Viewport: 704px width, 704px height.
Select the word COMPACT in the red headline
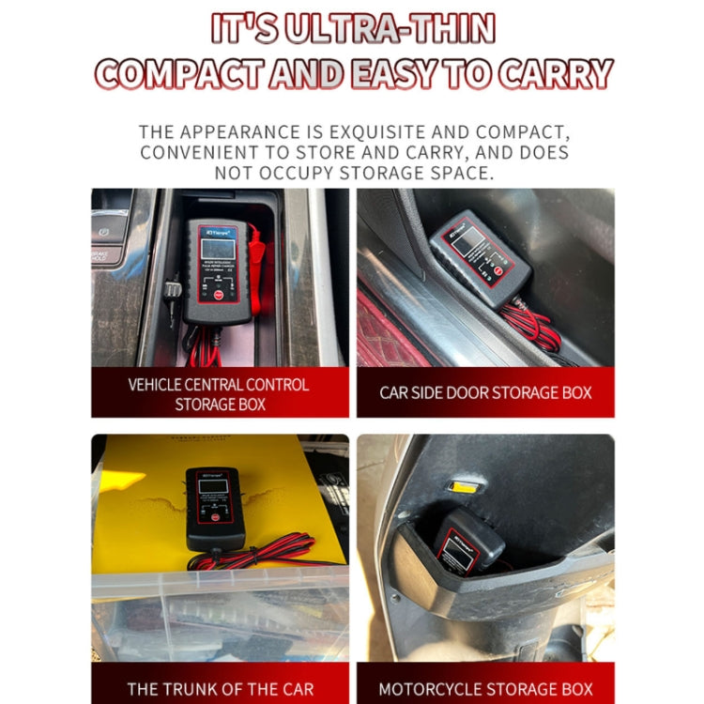177,74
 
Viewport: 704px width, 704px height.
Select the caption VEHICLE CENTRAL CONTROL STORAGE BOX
220,394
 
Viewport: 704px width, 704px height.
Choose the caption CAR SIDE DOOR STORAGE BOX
485,392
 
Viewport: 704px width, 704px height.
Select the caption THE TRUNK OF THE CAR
220,688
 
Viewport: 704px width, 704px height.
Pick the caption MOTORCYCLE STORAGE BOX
485,688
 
